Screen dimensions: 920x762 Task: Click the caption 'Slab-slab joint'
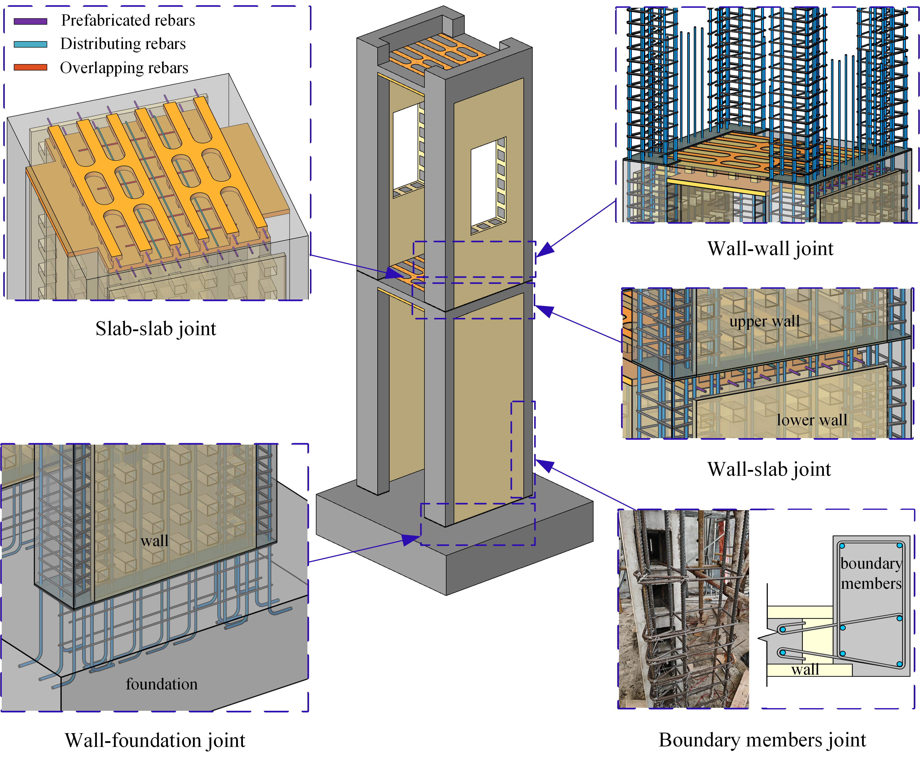click(156, 329)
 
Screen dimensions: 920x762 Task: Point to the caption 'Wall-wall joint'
click(770, 249)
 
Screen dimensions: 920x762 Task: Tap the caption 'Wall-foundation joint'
click(155, 740)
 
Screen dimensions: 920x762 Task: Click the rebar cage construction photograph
click(683, 609)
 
